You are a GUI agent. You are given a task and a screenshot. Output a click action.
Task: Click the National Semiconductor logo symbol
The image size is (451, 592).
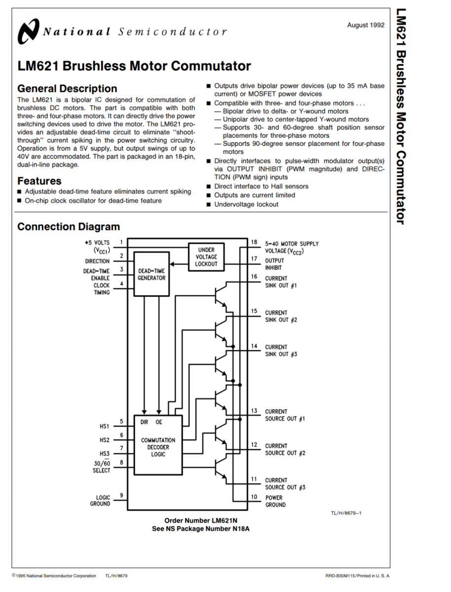pyautogui.click(x=28, y=32)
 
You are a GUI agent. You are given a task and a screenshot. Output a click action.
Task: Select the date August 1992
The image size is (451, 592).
pyautogui.click(x=365, y=25)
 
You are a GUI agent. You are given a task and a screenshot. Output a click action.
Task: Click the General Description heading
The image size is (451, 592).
pyautogui.click(x=67, y=89)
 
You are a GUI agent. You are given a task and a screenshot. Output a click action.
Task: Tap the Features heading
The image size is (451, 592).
pyautogui.click(x=39, y=181)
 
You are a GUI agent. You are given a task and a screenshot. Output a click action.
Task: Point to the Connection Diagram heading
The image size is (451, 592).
pyautogui.click(x=69, y=227)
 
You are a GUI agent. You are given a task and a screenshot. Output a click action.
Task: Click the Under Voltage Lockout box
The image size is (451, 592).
pyautogui.click(x=206, y=257)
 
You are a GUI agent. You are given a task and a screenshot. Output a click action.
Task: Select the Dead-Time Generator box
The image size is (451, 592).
pyautogui.click(x=151, y=274)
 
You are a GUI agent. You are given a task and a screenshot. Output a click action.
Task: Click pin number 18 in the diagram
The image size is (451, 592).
pyautogui.click(x=254, y=242)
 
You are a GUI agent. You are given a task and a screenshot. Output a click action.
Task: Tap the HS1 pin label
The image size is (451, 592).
pyautogui.click(x=104, y=426)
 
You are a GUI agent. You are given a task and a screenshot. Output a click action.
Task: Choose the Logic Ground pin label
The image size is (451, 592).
pyautogui.click(x=100, y=501)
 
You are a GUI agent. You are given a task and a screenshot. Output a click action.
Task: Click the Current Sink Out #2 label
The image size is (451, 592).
pyautogui.click(x=281, y=316)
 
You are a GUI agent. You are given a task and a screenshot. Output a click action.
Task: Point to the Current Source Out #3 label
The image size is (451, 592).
pyautogui.click(x=285, y=483)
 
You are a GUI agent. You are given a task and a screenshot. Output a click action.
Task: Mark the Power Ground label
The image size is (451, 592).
pyautogui.click(x=275, y=501)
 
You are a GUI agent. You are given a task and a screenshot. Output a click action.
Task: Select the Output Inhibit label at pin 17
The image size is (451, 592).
pyautogui.click(x=274, y=264)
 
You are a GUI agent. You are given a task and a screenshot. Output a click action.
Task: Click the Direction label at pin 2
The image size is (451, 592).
pyautogui.click(x=97, y=261)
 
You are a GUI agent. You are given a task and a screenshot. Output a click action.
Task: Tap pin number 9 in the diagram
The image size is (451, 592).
pyautogui.click(x=121, y=495)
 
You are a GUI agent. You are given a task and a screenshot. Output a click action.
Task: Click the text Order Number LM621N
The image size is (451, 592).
pyautogui.click(x=201, y=520)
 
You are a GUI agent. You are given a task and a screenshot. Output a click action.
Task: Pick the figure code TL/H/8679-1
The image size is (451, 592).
pyautogui.click(x=346, y=514)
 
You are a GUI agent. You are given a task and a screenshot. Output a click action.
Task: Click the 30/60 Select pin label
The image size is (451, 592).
pyautogui.click(x=102, y=467)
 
